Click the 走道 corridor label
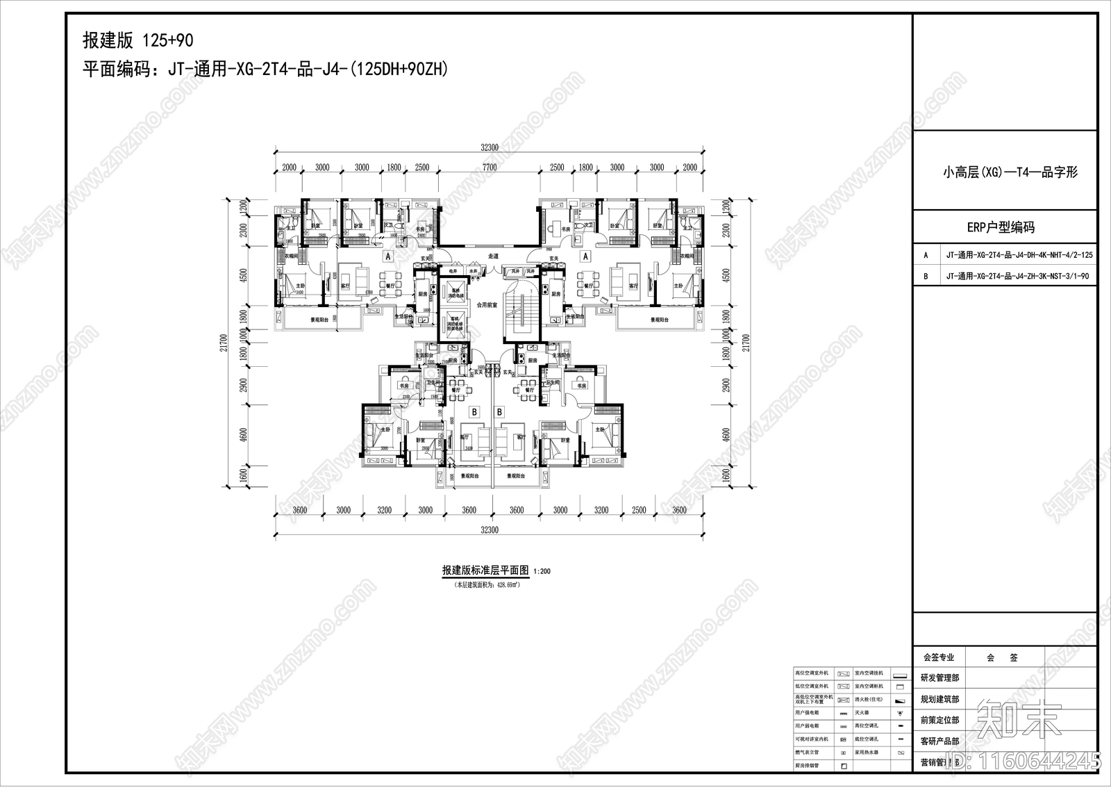[x=493, y=255]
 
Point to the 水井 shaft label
[x=471, y=271]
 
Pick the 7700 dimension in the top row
[x=490, y=167]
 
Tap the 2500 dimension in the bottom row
[x=640, y=510]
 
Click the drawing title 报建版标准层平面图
[x=485, y=571]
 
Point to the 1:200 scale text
[x=542, y=572]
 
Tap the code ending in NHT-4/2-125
[x=1019, y=255]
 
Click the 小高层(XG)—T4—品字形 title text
[x=1010, y=172]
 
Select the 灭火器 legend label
[x=862, y=713]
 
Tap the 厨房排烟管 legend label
[x=807, y=766]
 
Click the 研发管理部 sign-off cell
[x=939, y=678]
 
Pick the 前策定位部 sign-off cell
[x=939, y=720]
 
